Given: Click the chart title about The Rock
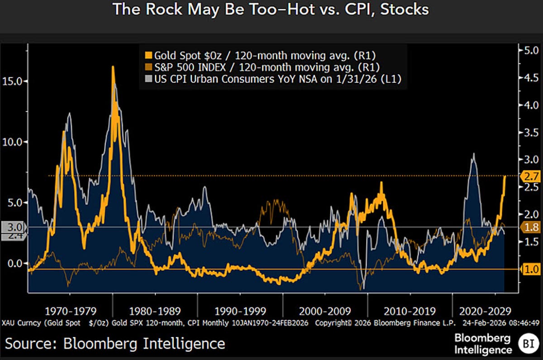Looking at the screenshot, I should click(270, 10).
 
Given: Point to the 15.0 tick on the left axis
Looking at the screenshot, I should click(14, 81).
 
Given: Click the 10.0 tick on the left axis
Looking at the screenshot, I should click(14, 142).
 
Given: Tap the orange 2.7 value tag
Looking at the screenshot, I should click(529, 176).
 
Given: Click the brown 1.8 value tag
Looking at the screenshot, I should click(529, 227).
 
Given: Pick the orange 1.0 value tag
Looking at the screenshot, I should click(529, 269).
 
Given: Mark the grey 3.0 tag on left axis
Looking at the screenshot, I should click(14, 227).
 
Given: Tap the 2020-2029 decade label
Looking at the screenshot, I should click(486, 311).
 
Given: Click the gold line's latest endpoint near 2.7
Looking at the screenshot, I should click(505, 176).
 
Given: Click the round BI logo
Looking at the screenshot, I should click(528, 344).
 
